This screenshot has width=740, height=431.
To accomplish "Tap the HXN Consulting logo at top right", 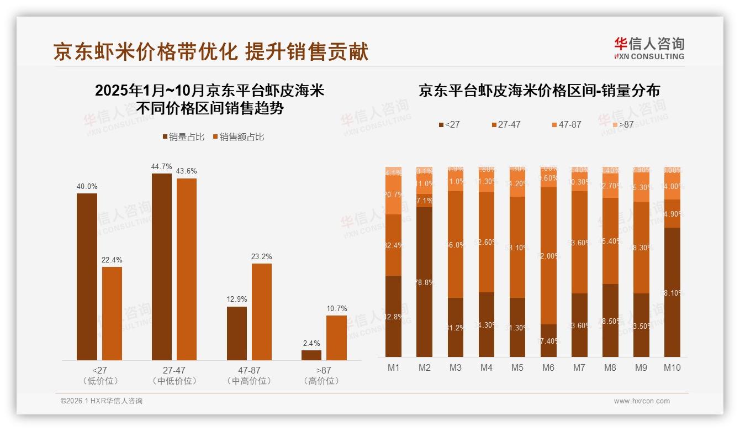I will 649,49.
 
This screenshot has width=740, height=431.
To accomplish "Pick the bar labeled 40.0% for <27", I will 87,276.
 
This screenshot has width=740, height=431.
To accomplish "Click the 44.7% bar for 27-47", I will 161,266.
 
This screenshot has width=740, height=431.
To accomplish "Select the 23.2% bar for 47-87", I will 262,312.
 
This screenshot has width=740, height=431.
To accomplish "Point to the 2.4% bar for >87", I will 311,355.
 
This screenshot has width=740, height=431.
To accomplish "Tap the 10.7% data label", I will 336,308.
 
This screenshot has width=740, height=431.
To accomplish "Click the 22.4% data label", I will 112,260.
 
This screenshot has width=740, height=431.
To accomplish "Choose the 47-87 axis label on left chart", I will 249,370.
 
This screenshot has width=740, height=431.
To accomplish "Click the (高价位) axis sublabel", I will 321,381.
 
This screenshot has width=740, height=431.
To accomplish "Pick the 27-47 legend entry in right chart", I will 505,125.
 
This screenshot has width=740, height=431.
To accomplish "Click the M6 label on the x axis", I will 548,367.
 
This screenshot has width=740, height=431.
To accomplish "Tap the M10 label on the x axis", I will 672,367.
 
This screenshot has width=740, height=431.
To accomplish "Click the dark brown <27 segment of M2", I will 424,282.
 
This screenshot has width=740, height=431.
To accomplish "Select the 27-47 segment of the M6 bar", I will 548,255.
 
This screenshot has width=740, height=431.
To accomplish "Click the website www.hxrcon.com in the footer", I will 642,401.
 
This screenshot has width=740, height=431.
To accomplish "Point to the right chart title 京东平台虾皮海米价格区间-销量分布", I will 539,91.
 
